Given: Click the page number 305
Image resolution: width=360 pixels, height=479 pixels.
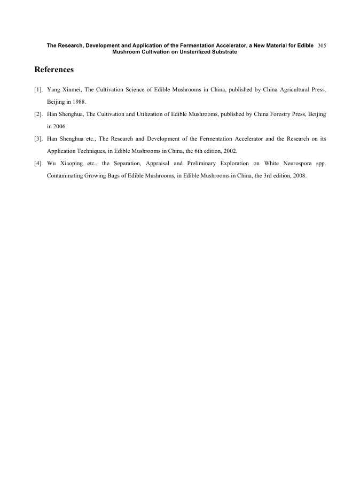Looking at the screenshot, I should [x=322, y=46].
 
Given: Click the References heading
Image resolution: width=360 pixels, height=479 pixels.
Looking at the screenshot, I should [x=54, y=70].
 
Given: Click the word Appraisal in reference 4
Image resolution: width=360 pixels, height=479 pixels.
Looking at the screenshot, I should [x=158, y=163].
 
